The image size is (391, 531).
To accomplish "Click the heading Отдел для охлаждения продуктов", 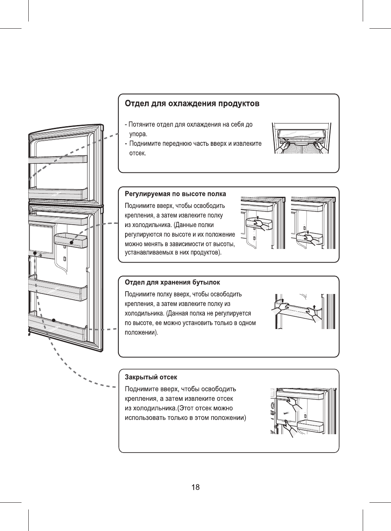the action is (192, 104).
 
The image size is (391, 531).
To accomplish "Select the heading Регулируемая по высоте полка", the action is (175, 194).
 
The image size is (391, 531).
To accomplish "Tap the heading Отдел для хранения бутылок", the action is (172, 282).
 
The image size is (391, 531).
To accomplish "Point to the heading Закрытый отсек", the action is (151, 377).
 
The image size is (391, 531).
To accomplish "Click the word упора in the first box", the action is (138, 134).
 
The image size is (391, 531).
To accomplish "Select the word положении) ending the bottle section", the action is (141, 333).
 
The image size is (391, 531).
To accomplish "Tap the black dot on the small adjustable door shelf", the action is (71, 243).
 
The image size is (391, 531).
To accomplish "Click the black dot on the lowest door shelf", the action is (54, 320).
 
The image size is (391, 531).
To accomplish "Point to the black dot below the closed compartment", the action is (35, 253).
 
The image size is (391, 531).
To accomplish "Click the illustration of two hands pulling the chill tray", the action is (301, 138).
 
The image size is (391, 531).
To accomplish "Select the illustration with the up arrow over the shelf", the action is (263, 223).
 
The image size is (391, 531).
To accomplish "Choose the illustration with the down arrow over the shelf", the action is (313, 223).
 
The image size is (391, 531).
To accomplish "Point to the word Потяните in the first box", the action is (141, 125).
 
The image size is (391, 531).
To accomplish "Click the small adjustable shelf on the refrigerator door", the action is (71, 241).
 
